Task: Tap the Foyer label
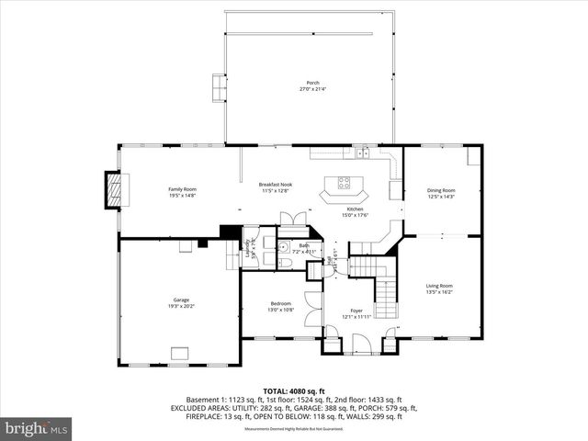[x=356, y=313]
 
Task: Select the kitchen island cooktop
[x=345, y=182]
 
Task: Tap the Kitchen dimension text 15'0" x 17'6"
[x=356, y=216]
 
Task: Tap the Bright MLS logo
[x=37, y=428]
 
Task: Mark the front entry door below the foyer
[x=360, y=347]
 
